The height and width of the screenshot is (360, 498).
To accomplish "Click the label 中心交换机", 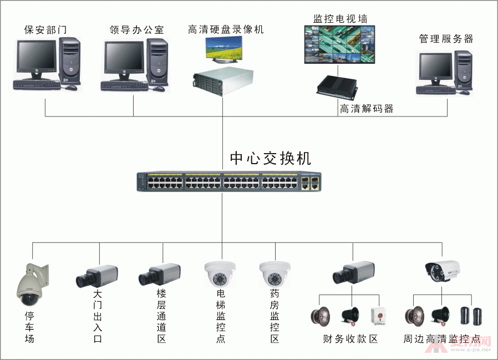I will coord(271,159).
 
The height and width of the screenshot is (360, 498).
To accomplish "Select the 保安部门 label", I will coord(45,29).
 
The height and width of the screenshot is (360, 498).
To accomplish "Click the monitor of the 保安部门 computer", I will coord(36,59).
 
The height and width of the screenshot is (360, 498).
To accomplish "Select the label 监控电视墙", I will coord(340,18).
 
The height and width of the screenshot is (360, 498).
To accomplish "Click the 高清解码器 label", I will coord(367,109).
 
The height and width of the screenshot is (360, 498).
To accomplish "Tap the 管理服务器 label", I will coord(446,39).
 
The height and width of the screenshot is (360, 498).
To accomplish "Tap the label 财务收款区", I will coord(350,338).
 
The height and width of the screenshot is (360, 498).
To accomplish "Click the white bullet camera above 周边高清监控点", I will coord(443,270).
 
